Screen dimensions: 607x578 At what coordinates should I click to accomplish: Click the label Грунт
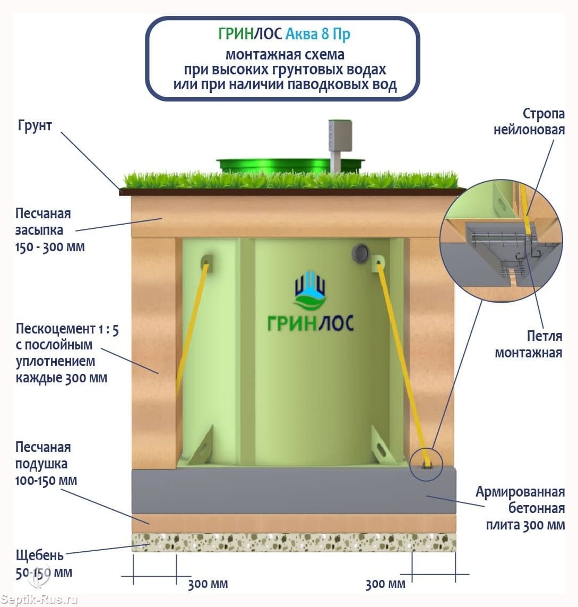click(x=35, y=126)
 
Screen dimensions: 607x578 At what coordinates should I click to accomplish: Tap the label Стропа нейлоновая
click(x=529, y=122)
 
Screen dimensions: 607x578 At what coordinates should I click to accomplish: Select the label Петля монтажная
click(x=529, y=344)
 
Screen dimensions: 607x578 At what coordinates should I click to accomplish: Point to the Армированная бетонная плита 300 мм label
click(x=520, y=508)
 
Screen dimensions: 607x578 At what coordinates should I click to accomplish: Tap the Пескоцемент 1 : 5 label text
click(x=66, y=353)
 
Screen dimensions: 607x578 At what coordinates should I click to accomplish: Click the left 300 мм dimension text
click(x=208, y=584)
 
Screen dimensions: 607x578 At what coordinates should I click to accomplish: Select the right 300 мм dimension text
click(x=385, y=584)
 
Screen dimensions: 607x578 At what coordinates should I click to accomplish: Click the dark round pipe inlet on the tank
click(x=362, y=251)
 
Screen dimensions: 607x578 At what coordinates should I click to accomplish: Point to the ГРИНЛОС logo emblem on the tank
click(x=310, y=290)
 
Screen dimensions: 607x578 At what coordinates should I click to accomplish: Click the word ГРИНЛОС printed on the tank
click(x=310, y=322)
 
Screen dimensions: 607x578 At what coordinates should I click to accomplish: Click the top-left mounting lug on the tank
click(x=206, y=262)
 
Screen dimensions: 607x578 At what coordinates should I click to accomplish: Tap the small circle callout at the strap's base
click(x=426, y=465)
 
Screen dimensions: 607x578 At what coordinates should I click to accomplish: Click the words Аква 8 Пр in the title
click(x=318, y=35)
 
